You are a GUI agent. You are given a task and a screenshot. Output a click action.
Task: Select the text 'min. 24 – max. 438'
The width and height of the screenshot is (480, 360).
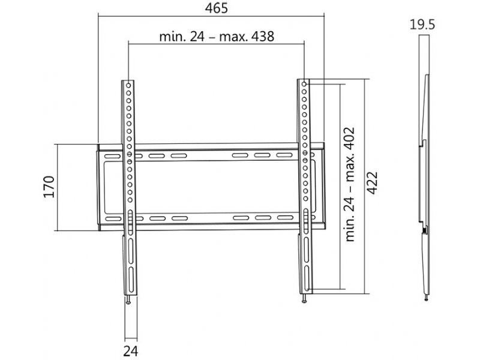[217, 37]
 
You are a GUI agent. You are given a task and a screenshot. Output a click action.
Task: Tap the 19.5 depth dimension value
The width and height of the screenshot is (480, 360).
[422, 25]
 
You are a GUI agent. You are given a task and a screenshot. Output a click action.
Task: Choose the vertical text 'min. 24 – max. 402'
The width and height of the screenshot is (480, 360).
[352, 184]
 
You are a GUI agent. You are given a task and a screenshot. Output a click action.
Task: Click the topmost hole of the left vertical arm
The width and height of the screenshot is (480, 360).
[129, 84]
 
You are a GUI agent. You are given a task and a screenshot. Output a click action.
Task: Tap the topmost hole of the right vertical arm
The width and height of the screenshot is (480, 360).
[304, 84]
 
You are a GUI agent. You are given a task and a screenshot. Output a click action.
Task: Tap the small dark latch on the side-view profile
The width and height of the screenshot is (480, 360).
[425, 230]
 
